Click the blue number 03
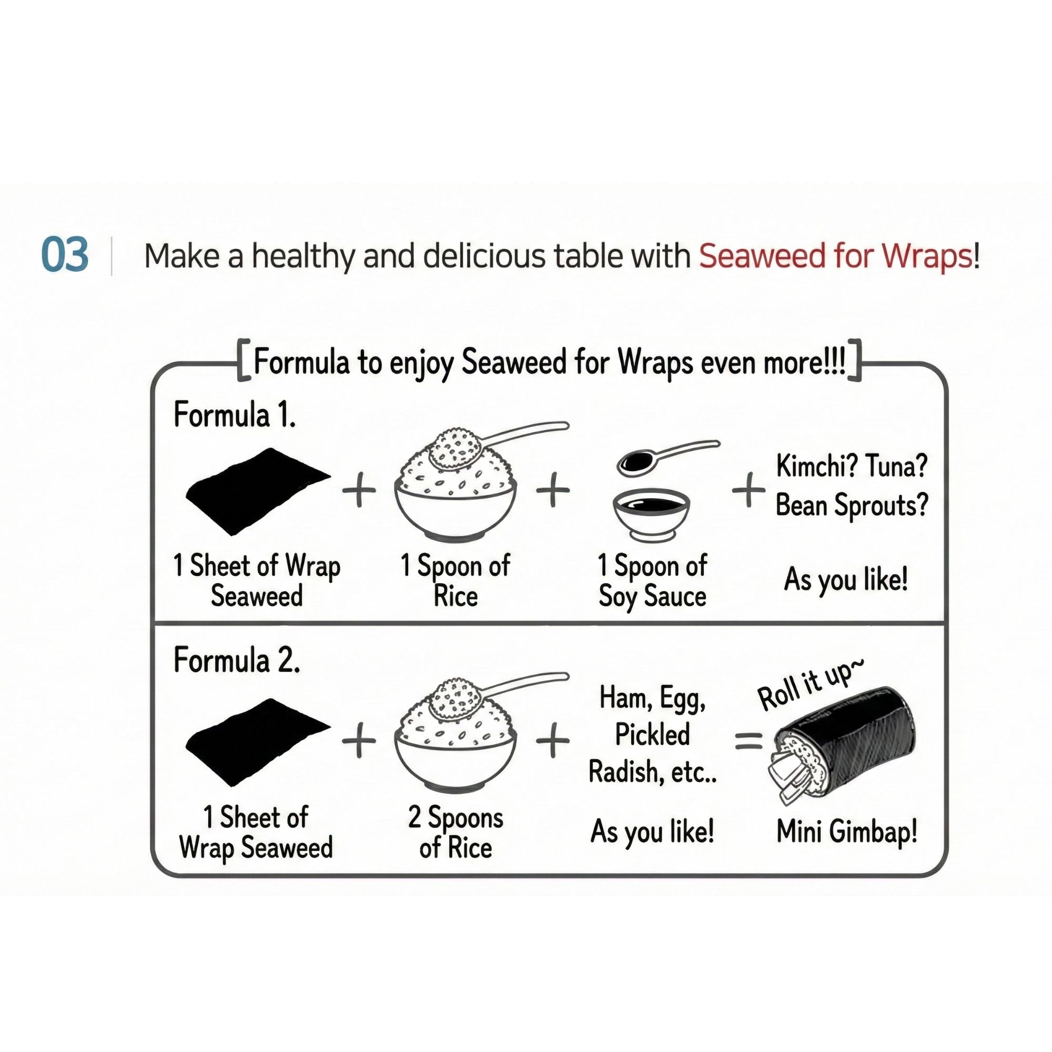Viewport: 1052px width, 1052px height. click(x=65, y=255)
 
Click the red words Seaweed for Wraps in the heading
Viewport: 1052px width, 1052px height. click(x=836, y=256)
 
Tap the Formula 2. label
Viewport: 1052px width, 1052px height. click(x=236, y=661)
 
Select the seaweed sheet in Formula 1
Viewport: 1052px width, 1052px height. click(x=257, y=492)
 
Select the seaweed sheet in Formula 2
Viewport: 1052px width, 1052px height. click(x=257, y=742)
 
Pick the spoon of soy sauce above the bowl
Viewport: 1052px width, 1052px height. click(x=667, y=459)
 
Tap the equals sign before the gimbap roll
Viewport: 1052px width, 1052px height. click(x=749, y=741)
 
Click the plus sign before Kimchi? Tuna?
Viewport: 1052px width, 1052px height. click(x=748, y=491)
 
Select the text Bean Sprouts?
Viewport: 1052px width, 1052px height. click(x=852, y=506)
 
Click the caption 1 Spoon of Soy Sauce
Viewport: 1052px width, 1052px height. click(x=652, y=581)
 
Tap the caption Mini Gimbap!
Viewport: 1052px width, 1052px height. click(x=847, y=832)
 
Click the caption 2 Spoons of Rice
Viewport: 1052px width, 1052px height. click(x=456, y=833)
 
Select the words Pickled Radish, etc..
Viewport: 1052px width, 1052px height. click(x=652, y=753)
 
